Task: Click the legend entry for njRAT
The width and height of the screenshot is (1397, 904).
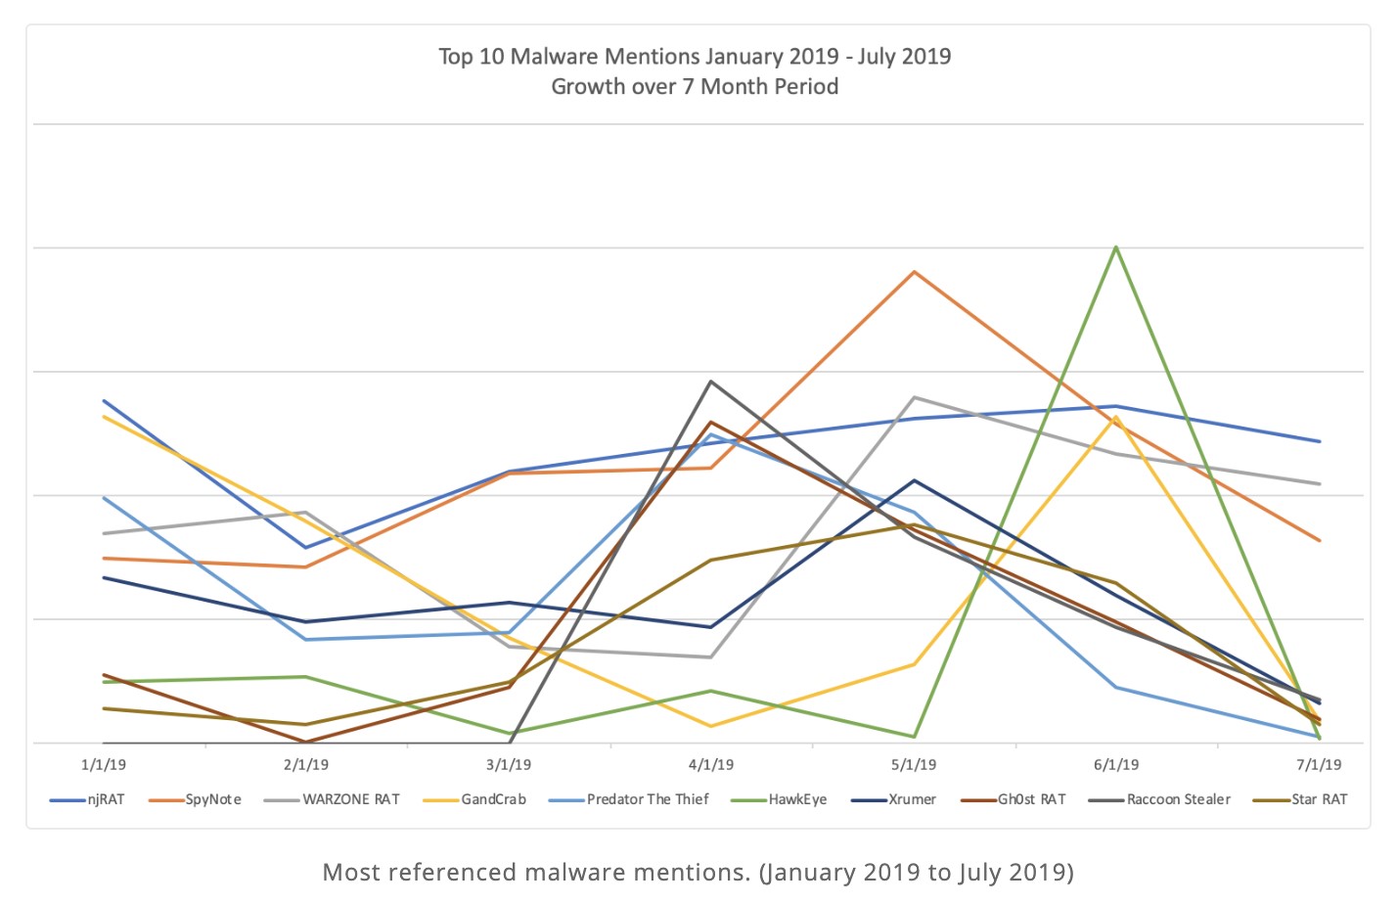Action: (105, 799)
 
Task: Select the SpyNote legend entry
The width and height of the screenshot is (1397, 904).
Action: (212, 799)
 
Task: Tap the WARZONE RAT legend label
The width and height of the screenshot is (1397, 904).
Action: (350, 799)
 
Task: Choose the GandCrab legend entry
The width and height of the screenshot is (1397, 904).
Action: (493, 799)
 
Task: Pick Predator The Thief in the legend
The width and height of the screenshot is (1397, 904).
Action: (647, 799)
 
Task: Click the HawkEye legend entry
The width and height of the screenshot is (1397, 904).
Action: (796, 799)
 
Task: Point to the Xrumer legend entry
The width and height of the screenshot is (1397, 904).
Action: (912, 799)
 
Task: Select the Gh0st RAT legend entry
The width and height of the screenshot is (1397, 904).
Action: (1031, 799)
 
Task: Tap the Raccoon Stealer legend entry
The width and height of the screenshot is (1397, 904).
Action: (1178, 799)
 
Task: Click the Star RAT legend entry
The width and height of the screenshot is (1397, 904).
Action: (1319, 799)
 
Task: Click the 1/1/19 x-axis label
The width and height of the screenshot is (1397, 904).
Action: (103, 765)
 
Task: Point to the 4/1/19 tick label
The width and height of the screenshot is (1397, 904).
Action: (711, 765)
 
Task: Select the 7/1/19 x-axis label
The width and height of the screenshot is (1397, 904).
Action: (1319, 765)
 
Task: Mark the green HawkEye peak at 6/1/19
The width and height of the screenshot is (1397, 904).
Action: (1116, 248)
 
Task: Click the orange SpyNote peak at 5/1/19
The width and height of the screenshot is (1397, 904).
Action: (914, 272)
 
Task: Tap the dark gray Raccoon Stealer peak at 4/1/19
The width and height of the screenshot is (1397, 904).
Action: (711, 381)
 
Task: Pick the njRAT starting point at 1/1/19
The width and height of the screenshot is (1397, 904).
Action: (104, 400)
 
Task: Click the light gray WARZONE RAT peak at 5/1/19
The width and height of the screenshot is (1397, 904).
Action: (914, 397)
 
